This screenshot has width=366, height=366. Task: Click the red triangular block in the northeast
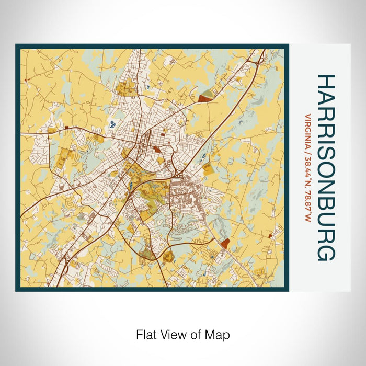[x=203, y=97]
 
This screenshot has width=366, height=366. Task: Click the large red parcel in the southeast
[x=225, y=243]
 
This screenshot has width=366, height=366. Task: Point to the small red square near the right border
[x=270, y=236]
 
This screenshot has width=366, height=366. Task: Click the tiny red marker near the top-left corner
[x=25, y=79]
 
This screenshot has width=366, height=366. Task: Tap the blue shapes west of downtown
[x=113, y=124]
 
